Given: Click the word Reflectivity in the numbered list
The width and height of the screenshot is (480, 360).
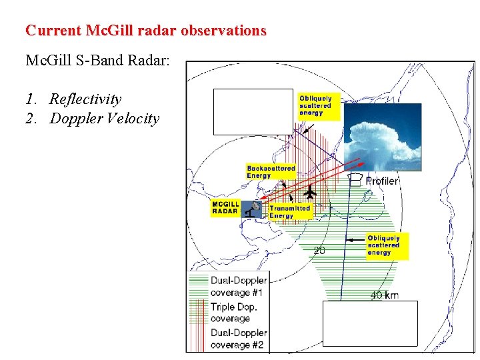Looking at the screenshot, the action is tap(85, 99).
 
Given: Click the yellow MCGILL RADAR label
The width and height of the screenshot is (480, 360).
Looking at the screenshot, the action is tap(225, 207).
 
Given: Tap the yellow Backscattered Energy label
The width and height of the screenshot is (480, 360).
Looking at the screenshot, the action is tap(270, 172).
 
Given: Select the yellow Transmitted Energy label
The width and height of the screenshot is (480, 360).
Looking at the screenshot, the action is tap(289, 211).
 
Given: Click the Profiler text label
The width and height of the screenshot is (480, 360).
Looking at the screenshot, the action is tap(382, 180).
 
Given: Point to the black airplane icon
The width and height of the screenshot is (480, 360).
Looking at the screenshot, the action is tap(310, 193).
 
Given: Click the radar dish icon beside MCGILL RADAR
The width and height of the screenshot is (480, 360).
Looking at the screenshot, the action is tap(253, 209).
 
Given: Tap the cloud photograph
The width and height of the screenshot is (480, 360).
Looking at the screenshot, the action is tap(382, 136).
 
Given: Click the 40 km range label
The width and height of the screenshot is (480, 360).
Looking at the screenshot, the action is tap(385, 295).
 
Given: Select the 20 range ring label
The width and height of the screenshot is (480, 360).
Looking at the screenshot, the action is tap(320, 251).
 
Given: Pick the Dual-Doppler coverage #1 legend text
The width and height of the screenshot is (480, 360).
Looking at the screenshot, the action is tap(238, 287).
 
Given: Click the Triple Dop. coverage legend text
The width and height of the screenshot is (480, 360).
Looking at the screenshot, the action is tap(234, 313).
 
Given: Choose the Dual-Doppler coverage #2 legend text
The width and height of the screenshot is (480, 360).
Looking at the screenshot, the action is tap(238, 339).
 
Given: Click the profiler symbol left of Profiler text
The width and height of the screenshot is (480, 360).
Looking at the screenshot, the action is tap(357, 179).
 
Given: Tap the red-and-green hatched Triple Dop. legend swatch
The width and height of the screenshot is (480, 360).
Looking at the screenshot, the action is tap(199, 312).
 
